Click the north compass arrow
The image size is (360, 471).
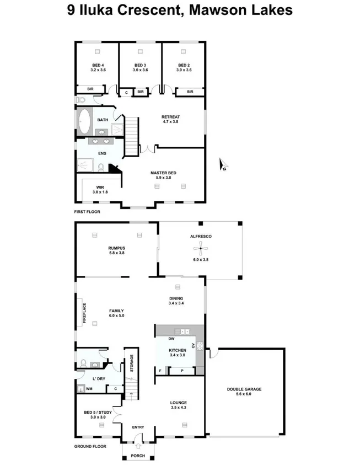coord(223,164)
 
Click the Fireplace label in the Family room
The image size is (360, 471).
coord(84,313)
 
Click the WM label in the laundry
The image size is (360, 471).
coord(89,389)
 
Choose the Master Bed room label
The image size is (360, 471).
coord(163,175)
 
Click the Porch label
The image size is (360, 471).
coord(138,456)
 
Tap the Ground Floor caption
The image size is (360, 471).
coord(90,446)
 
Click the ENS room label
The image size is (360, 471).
coord(102,153)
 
